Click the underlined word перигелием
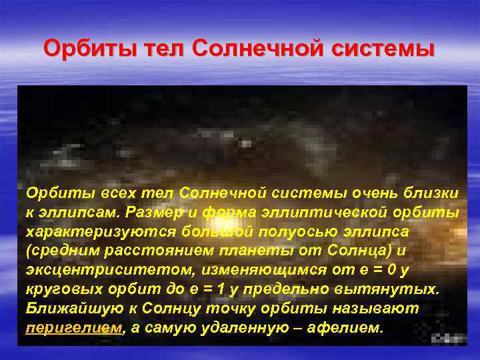(74, 329)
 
